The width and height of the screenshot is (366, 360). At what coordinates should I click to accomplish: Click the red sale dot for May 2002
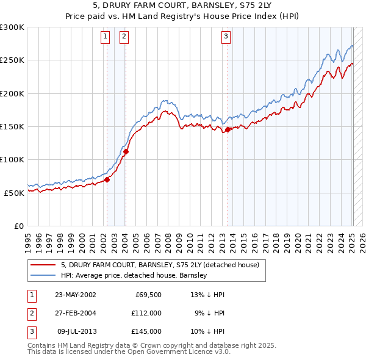point(107,179)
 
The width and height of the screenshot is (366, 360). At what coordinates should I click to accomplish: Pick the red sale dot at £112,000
point(126,151)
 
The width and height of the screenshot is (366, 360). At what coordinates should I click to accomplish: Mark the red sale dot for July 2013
point(228,129)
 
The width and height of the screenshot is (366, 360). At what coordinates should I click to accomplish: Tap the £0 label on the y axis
point(19,226)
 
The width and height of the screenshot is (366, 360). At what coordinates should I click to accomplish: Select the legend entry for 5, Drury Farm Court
point(160,265)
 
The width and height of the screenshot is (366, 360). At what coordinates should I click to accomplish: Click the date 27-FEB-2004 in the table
point(75,313)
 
